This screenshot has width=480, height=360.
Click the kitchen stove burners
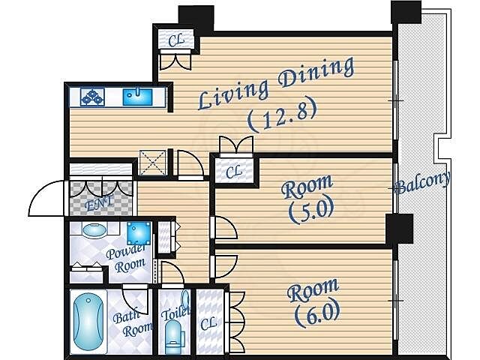[x=92, y=97]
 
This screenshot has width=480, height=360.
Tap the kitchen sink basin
[x=137, y=97]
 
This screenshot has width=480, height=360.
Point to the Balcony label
[x=423, y=184]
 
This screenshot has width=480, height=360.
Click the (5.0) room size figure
[x=311, y=211]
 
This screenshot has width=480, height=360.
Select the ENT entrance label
[x=98, y=203]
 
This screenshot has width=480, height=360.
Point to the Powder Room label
[x=126, y=258]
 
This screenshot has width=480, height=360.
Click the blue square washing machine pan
[x=139, y=233]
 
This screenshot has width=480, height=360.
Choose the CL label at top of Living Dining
[x=176, y=40]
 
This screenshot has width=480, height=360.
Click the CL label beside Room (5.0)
[x=233, y=172]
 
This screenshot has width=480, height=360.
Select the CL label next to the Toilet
[x=208, y=323]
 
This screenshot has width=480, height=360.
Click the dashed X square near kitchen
[x=153, y=163]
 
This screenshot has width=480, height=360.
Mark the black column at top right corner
[x=406, y=12]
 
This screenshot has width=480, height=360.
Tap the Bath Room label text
[x=133, y=324]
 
